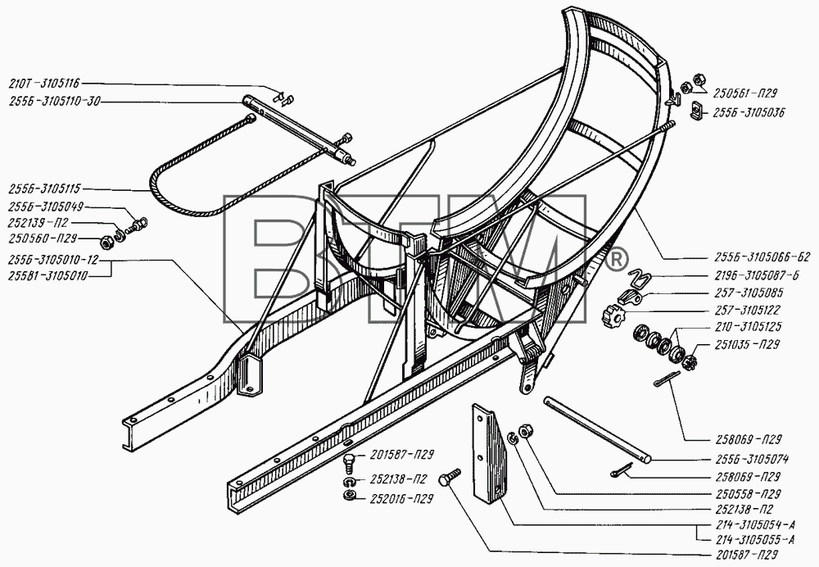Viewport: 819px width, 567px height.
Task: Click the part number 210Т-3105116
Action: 44,83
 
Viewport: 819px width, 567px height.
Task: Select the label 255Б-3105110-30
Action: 54,102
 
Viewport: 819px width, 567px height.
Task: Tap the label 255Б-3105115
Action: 44,189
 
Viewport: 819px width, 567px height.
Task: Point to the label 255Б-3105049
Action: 45,206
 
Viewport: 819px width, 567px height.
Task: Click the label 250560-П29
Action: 43,238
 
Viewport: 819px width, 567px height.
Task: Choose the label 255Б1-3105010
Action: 48,276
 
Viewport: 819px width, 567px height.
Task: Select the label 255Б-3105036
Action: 749,112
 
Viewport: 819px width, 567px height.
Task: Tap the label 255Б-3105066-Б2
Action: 762,257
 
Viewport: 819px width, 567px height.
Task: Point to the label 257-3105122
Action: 748,310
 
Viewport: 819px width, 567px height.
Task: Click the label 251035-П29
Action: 744,345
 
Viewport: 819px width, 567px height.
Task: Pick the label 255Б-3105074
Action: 751,460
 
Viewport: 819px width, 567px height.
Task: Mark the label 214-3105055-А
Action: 754,540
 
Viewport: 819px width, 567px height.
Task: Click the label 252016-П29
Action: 401,499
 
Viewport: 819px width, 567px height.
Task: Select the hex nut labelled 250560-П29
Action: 106,243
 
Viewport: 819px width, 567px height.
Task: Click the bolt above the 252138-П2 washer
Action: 349,464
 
